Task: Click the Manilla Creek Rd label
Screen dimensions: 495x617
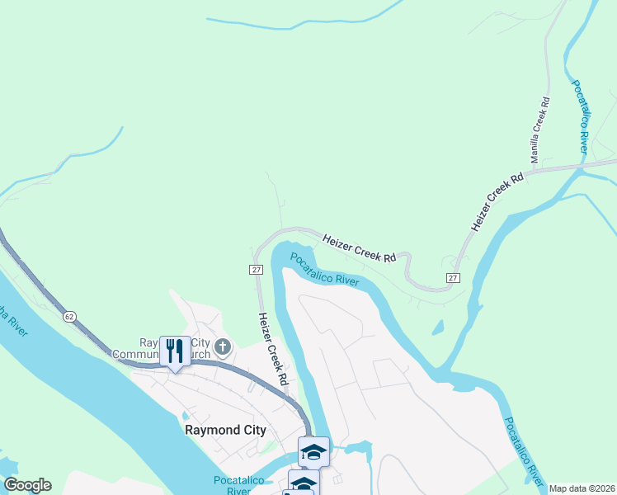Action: pos(540,129)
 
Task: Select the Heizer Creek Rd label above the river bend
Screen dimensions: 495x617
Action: pos(360,248)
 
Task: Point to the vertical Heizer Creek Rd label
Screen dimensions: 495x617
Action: pos(272,349)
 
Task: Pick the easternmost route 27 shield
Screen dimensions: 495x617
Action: pos(453,278)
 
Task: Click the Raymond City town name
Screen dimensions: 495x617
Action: pos(225,430)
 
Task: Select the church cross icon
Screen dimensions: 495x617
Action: pos(222,348)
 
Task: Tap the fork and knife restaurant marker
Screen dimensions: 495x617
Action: pos(175,351)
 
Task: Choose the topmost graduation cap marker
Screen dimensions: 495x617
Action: pos(313,451)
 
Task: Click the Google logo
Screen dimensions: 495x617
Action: pos(27,485)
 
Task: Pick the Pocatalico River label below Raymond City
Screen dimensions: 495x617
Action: pos(238,484)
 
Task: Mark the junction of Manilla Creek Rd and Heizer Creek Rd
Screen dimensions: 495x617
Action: pos(550,169)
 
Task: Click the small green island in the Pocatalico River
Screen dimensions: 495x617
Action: pos(437,328)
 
